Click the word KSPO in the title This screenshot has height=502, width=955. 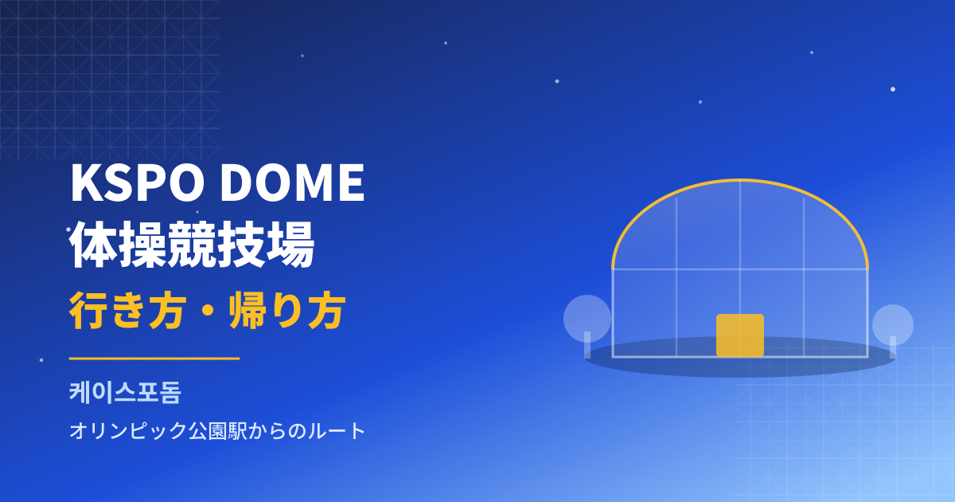click(137, 182)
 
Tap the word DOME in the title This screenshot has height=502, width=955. click(292, 182)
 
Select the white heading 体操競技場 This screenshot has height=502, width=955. click(192, 244)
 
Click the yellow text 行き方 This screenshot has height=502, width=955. click(128, 310)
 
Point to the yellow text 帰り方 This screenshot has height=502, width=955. click(287, 310)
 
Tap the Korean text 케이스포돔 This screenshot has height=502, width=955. click(125, 392)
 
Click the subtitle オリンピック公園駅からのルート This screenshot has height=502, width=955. click(217, 430)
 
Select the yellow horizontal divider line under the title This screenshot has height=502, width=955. click(154, 359)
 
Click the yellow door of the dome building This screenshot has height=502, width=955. click(740, 335)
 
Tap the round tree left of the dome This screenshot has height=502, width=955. click(587, 319)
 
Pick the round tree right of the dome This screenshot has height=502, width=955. click(893, 325)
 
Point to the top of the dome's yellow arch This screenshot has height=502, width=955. click(740, 180)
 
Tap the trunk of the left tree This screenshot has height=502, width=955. click(587, 345)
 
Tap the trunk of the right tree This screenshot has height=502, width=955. click(893, 347)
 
